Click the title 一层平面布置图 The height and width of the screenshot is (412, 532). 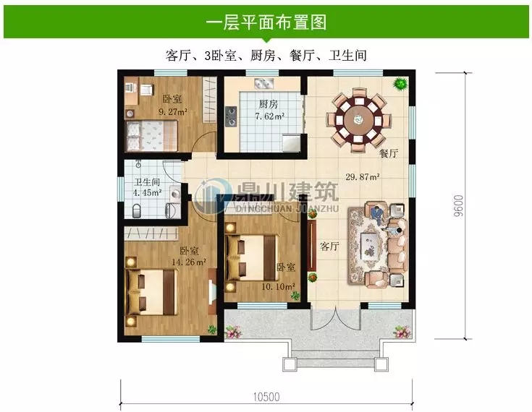pos(266,22)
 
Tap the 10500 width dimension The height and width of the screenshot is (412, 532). pos(266,397)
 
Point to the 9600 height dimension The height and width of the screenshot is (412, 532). pos(458,205)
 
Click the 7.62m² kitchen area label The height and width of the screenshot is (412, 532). pos(270,116)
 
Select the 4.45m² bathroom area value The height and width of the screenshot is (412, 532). pos(147,193)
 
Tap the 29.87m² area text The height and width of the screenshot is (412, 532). pos(363,176)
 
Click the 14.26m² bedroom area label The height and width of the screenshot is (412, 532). pos(189,262)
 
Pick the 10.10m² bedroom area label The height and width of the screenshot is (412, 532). pos(278,287)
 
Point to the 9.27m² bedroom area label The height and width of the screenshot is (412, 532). pos(174,111)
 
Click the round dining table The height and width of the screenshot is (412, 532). pos(358,119)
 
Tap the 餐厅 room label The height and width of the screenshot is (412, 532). pos(389,154)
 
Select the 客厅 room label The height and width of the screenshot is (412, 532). pos(329,246)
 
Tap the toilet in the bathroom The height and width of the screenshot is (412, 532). pos(136,211)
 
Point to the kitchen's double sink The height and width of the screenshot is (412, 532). pos(264,83)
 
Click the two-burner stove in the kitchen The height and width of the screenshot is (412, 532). pos(232,116)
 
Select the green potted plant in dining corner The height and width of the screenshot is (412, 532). pos(401,83)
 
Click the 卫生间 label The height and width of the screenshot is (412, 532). pos(147,182)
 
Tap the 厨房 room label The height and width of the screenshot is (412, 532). pos(269,103)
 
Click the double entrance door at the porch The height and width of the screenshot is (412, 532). pos(335,319)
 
